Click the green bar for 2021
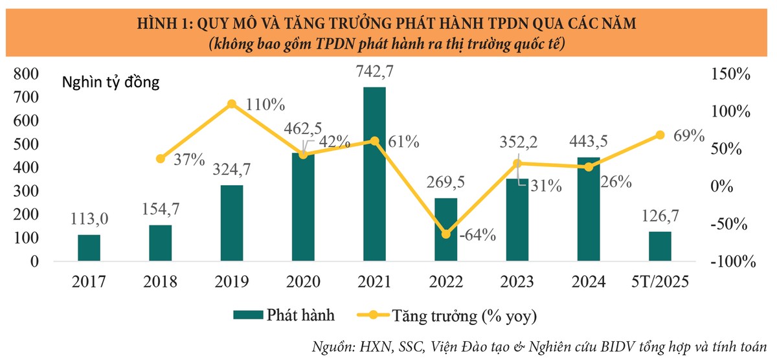374,174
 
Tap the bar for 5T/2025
660,247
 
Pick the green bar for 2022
445,230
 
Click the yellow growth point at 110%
232,104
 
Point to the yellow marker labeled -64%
445,234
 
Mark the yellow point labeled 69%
660,135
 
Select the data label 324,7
231,172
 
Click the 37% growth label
190,159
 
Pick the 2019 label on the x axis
232,282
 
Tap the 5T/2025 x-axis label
660,282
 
